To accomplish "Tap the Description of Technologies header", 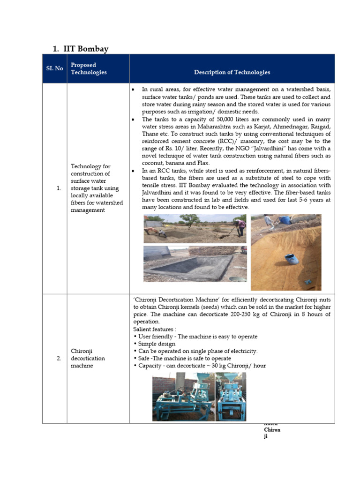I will click(x=232, y=72).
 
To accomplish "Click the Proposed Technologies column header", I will click(x=89, y=68).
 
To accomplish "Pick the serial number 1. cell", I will click(x=59, y=188).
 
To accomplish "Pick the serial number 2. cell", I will click(x=59, y=358).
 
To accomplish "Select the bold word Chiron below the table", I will click(x=272, y=429).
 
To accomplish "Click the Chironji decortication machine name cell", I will click(x=88, y=358).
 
